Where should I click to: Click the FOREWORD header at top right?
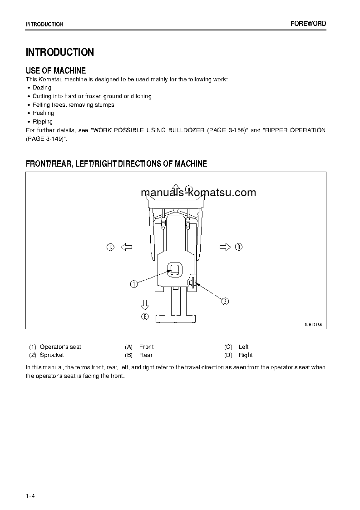click(x=308, y=24)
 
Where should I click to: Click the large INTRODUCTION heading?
click(x=60, y=52)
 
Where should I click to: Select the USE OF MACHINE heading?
click(x=56, y=70)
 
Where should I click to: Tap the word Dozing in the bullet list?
click(x=42, y=88)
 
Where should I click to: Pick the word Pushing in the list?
click(x=43, y=113)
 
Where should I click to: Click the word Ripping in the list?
click(x=43, y=122)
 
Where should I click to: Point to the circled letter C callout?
click(x=110, y=247)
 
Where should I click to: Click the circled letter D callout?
click(x=239, y=247)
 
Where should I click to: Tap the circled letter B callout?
click(x=145, y=317)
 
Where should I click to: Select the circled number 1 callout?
click(x=134, y=284)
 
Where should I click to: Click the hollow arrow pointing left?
click(x=126, y=247)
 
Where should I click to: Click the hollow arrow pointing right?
click(x=225, y=247)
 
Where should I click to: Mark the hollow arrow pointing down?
click(x=145, y=304)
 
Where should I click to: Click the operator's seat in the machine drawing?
click(x=175, y=270)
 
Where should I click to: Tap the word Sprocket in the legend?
click(x=52, y=355)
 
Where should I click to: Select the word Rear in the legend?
click(x=146, y=355)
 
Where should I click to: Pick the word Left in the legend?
click(x=244, y=347)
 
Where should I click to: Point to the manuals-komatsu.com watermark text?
click(x=198, y=193)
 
